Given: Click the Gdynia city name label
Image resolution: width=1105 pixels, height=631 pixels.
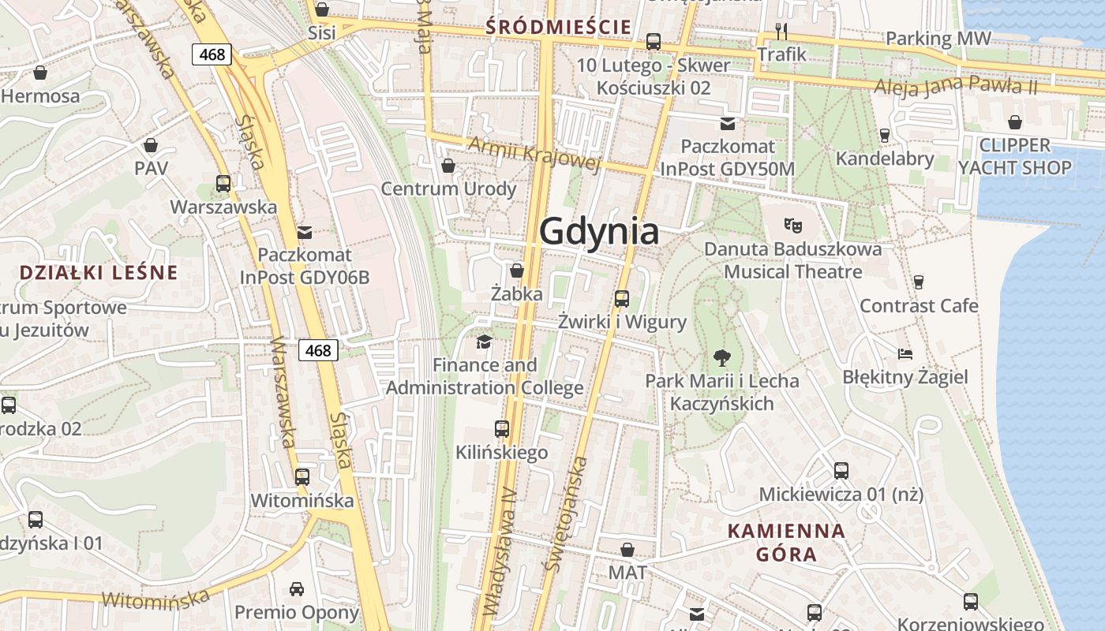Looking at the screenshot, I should point(599,232).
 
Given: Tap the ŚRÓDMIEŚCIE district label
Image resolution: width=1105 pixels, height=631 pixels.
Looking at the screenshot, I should point(559,27).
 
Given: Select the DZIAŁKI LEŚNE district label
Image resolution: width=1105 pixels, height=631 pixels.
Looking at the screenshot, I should point(99,273).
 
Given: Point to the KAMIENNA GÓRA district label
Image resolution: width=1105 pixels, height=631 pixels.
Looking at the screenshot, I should point(786,542).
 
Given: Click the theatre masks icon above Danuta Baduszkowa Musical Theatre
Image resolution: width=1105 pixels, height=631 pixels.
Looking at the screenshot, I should point(793,226).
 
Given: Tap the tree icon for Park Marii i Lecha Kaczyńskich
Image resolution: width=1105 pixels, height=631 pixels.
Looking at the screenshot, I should point(721,357).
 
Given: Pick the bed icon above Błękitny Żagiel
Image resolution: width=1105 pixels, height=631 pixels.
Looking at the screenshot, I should point(905,353).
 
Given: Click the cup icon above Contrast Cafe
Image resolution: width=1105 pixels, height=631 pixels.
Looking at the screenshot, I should point(919,282).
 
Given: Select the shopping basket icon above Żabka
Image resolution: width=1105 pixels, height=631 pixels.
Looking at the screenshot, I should point(517,271).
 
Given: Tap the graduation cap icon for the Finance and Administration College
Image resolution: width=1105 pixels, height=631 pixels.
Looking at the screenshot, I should point(484,342).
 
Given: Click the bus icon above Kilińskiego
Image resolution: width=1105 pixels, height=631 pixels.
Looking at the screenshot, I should point(502,429).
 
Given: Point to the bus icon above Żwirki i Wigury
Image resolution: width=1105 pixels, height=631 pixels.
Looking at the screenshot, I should point(622,298).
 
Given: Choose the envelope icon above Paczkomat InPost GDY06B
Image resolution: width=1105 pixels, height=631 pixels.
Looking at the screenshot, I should point(305,232).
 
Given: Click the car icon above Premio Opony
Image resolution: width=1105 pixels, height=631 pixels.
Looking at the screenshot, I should point(297,588).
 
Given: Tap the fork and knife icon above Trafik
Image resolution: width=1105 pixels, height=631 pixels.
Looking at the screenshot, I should point(781,31).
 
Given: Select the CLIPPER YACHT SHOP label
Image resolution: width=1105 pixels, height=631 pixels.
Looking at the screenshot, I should point(1014,156).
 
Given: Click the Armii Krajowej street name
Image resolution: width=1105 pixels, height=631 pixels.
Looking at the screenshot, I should point(534,153).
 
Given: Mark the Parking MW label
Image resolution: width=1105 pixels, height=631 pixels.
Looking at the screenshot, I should point(938,38).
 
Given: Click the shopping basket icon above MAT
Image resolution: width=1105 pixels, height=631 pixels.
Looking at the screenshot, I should point(627,549).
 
